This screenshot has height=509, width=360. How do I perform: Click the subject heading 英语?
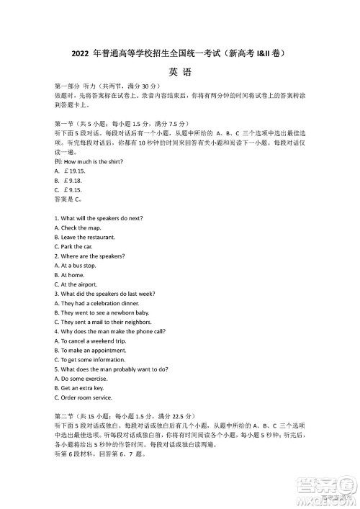click(180, 71)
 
